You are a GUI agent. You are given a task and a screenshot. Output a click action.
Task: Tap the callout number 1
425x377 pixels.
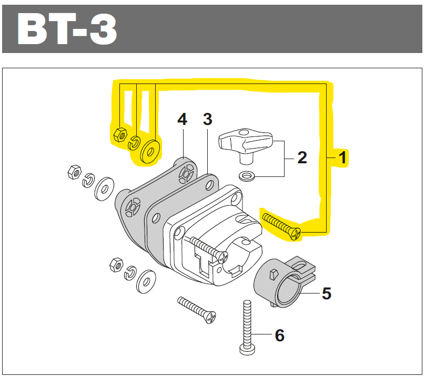(x=342, y=158)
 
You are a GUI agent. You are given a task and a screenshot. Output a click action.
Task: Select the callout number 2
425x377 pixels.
(x=302, y=157)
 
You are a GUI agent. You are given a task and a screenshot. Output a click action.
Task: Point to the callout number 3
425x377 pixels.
(x=207, y=119)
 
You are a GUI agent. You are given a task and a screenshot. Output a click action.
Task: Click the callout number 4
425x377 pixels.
(x=182, y=119)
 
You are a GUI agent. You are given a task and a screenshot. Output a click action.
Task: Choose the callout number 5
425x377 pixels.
(x=327, y=294)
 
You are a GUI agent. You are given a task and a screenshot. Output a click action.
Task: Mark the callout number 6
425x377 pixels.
(x=279, y=334)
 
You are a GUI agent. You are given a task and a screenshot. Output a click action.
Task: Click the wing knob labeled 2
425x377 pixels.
(x=245, y=143)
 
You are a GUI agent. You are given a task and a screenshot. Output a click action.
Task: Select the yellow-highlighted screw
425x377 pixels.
(x=281, y=224)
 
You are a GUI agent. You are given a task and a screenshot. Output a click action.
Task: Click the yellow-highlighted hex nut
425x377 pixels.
(x=119, y=134)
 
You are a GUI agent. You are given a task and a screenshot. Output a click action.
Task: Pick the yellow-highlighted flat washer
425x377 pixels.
(x=151, y=151)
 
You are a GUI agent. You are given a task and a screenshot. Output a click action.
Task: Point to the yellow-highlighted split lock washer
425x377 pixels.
(x=135, y=141)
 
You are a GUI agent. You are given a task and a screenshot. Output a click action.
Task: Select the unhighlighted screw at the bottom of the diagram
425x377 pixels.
(x=197, y=309)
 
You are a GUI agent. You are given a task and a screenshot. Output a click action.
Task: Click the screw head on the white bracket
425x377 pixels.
(x=222, y=257)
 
